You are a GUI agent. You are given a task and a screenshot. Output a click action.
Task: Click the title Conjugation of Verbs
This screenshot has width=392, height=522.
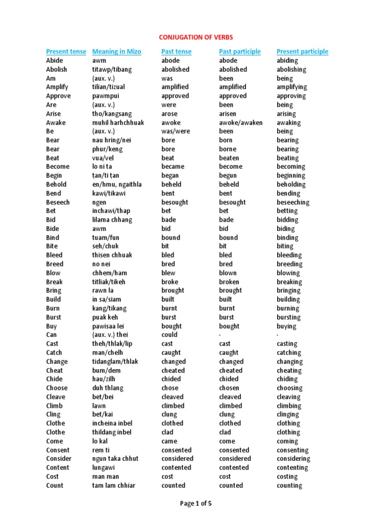click(x=196, y=37)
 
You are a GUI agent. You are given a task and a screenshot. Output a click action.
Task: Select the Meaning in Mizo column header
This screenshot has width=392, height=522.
click(x=116, y=51)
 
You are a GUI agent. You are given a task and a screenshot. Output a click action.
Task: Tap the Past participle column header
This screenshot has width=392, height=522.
click(x=239, y=51)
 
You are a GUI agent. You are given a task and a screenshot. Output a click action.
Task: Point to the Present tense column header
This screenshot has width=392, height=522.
click(x=66, y=51)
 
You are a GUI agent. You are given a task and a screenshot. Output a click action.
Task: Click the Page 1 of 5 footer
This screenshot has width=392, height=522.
click(x=196, y=504)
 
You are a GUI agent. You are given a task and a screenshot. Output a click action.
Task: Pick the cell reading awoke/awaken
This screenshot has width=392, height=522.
click(x=241, y=122)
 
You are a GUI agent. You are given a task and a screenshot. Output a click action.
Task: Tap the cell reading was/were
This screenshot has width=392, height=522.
click(x=175, y=131)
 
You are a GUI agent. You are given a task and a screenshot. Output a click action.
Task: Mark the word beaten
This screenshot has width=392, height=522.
click(x=229, y=158)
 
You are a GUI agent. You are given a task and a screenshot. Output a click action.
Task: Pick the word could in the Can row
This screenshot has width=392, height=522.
click(x=169, y=334)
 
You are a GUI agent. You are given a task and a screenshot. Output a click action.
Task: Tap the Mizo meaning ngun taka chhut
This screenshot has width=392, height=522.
click(x=115, y=459)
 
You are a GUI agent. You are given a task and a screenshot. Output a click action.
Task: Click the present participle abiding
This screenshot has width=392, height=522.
click(x=287, y=61)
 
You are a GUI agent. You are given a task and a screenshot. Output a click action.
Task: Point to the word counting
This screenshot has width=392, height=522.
click(x=289, y=485)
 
